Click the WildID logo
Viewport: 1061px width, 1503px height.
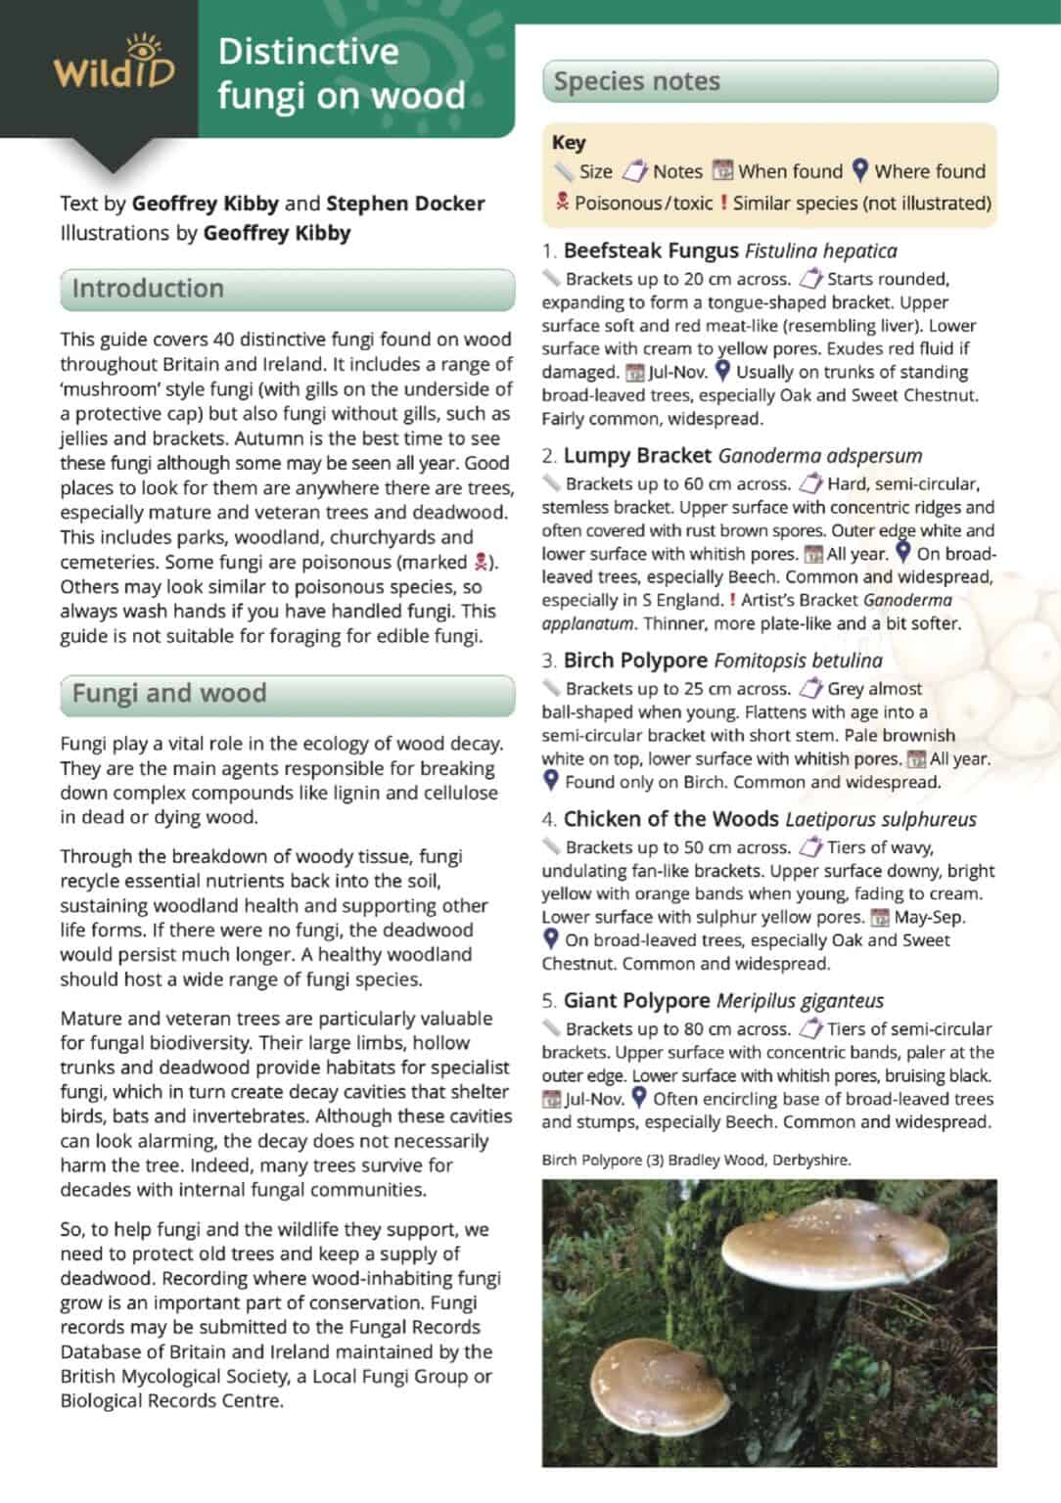[x=114, y=66]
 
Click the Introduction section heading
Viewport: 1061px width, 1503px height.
[x=148, y=289]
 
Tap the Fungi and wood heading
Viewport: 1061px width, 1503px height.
[x=168, y=693]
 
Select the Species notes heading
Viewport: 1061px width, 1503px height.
[x=636, y=81]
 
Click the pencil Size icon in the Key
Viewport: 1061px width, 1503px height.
[x=564, y=172]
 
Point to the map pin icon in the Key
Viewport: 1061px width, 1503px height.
[x=859, y=171]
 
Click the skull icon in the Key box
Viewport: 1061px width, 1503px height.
[x=562, y=203]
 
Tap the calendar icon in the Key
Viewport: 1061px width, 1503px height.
[x=722, y=171]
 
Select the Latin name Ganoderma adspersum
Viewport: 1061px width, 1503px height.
[x=819, y=456]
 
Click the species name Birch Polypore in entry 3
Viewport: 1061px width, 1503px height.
[x=635, y=660]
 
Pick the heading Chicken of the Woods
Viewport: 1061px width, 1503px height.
[x=671, y=819]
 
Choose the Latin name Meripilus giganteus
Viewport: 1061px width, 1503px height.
[x=800, y=1001]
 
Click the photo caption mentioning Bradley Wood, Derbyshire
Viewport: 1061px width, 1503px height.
[x=696, y=1161]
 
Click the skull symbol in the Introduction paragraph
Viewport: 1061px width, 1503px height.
[x=481, y=563]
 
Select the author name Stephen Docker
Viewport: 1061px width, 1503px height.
[x=405, y=204]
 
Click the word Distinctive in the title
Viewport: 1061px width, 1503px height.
[x=308, y=52]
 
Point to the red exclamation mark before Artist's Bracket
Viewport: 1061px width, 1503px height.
[x=732, y=600]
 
